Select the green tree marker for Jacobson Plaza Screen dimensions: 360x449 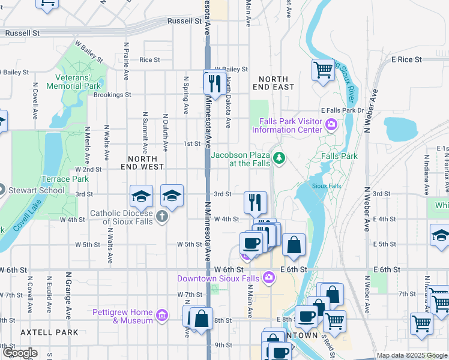pos(279,158)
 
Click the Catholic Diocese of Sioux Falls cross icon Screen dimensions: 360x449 pos(161,217)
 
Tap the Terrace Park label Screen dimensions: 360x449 pos(64,179)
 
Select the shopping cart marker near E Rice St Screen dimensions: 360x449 pos(323,70)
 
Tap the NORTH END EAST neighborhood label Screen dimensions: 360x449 pos(276,83)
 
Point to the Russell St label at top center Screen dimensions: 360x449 pos(184,20)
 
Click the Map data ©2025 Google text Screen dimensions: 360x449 pos(411,355)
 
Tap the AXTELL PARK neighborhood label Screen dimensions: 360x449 pos(40,332)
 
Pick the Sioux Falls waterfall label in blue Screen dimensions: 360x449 pos(327,186)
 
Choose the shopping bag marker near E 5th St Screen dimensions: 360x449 pos(294,245)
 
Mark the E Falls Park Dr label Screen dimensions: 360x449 pos(343,110)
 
